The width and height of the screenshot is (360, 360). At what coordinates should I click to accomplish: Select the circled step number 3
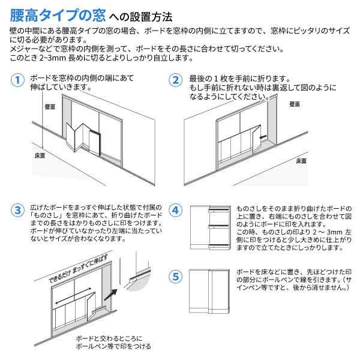(19, 209)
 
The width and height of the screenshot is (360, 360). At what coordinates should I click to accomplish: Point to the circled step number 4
(175, 210)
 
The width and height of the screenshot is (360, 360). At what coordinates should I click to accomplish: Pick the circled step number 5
(175, 277)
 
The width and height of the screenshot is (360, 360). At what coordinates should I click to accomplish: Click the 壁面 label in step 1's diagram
(50, 106)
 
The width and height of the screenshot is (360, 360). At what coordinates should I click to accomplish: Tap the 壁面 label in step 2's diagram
(294, 104)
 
